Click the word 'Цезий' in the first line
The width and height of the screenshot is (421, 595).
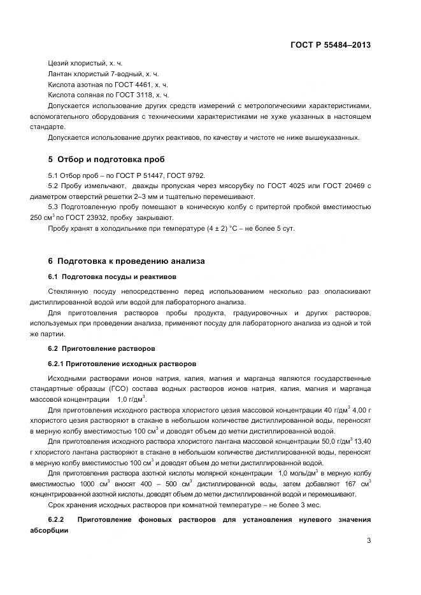(x=59, y=64)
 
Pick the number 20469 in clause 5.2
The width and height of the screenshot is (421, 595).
(x=351, y=186)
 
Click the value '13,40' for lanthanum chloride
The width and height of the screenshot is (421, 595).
(x=361, y=441)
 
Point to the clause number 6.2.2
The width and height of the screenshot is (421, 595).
(x=58, y=520)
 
